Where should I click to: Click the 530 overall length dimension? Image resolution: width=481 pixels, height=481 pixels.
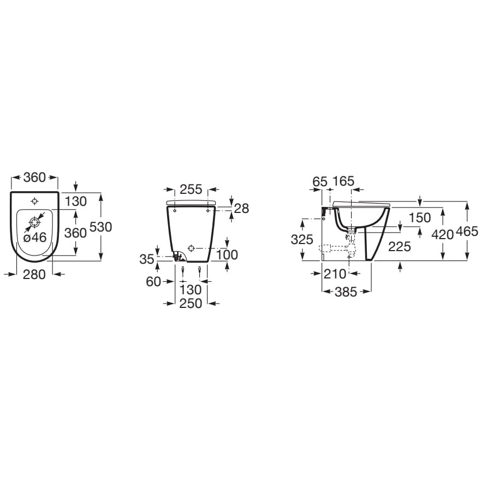(100, 227)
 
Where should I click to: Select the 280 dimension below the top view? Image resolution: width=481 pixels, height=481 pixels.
(34, 274)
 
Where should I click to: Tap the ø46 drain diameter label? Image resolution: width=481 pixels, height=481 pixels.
(35, 237)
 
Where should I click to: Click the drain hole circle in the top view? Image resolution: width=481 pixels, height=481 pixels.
(34, 222)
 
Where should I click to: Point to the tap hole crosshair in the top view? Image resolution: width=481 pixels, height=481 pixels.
(34, 201)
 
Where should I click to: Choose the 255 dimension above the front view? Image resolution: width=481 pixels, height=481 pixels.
(191, 189)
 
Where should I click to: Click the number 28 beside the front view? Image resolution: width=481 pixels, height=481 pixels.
(242, 209)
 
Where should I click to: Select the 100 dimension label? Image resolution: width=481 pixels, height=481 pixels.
(227, 254)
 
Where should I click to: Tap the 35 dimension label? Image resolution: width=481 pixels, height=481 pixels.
(147, 259)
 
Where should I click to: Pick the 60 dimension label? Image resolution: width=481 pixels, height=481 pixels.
(153, 282)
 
